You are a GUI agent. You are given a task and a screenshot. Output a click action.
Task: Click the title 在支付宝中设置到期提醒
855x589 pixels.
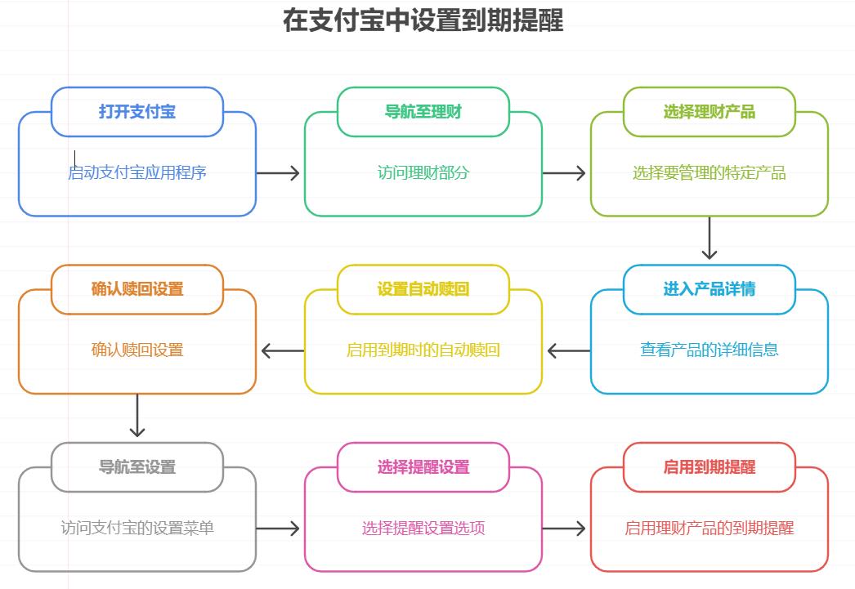423,20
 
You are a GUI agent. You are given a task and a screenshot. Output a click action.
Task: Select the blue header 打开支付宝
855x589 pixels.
137,112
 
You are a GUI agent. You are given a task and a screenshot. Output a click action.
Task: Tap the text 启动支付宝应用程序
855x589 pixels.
137,172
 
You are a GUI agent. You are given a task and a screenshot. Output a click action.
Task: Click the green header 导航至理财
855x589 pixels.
423,112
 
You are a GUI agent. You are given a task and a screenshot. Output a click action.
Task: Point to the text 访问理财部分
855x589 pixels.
423,172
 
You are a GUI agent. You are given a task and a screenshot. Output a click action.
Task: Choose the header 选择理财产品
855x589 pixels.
710,112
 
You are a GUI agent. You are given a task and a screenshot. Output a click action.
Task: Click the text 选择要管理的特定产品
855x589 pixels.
710,172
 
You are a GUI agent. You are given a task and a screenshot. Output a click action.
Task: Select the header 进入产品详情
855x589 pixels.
710,289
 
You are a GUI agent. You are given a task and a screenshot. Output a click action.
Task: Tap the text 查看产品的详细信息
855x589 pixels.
710,350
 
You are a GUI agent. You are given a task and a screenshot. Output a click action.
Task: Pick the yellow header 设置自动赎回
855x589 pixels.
423,289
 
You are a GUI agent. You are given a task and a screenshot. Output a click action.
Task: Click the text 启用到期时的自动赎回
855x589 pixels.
423,350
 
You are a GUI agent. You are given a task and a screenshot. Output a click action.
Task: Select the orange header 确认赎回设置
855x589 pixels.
137,289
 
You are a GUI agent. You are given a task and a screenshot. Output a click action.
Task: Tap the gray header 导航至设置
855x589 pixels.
137,467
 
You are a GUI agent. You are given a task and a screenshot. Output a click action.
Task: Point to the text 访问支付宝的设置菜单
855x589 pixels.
137,528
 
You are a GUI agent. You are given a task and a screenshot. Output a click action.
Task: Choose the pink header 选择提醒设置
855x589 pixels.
423,467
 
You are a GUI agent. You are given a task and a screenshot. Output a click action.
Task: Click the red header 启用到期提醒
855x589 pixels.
710,467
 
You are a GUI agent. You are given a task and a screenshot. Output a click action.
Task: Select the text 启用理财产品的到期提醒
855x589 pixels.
710,528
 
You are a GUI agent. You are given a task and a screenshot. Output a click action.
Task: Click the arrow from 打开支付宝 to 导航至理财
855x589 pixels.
279,172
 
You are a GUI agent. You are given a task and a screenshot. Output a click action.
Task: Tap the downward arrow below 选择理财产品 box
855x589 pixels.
710,238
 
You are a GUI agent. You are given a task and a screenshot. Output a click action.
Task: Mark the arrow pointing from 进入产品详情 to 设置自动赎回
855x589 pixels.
568,351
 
